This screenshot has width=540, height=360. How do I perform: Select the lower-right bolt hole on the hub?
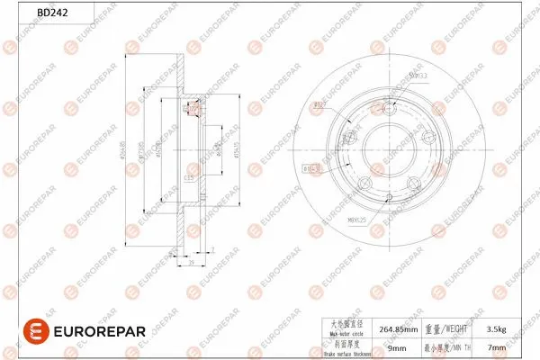(413, 184)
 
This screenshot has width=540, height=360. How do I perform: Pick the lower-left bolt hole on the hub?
(364, 184)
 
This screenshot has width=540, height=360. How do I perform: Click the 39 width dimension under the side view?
(192, 266)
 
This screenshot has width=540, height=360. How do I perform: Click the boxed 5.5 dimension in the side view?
(190, 177)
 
